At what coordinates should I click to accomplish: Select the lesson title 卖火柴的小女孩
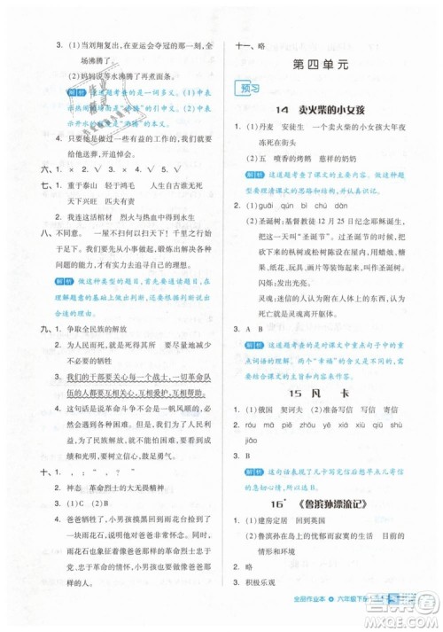pyautogui.click(x=331, y=109)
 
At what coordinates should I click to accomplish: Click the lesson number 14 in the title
pyautogui.click(x=281, y=109)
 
